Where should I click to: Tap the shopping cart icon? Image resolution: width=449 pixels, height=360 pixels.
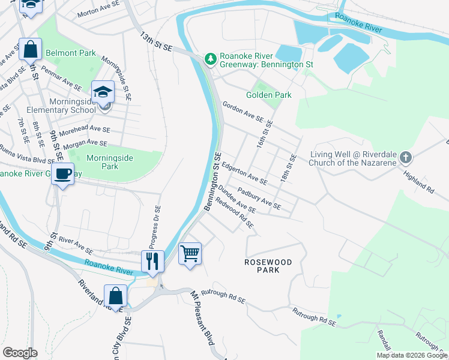190,253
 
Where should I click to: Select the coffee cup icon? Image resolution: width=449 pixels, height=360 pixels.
63,174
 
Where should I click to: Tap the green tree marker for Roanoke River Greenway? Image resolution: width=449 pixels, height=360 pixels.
210,58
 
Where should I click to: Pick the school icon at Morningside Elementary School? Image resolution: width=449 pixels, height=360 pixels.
103,92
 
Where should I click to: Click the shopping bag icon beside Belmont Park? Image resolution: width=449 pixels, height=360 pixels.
30,49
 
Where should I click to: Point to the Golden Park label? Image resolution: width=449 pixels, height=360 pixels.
269,95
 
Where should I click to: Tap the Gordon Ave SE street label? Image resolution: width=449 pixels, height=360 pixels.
243,112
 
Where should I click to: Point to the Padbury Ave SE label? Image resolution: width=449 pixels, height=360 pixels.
259,197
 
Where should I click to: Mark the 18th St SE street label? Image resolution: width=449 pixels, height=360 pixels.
289,170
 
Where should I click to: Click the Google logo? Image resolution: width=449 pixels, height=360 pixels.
20,352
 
